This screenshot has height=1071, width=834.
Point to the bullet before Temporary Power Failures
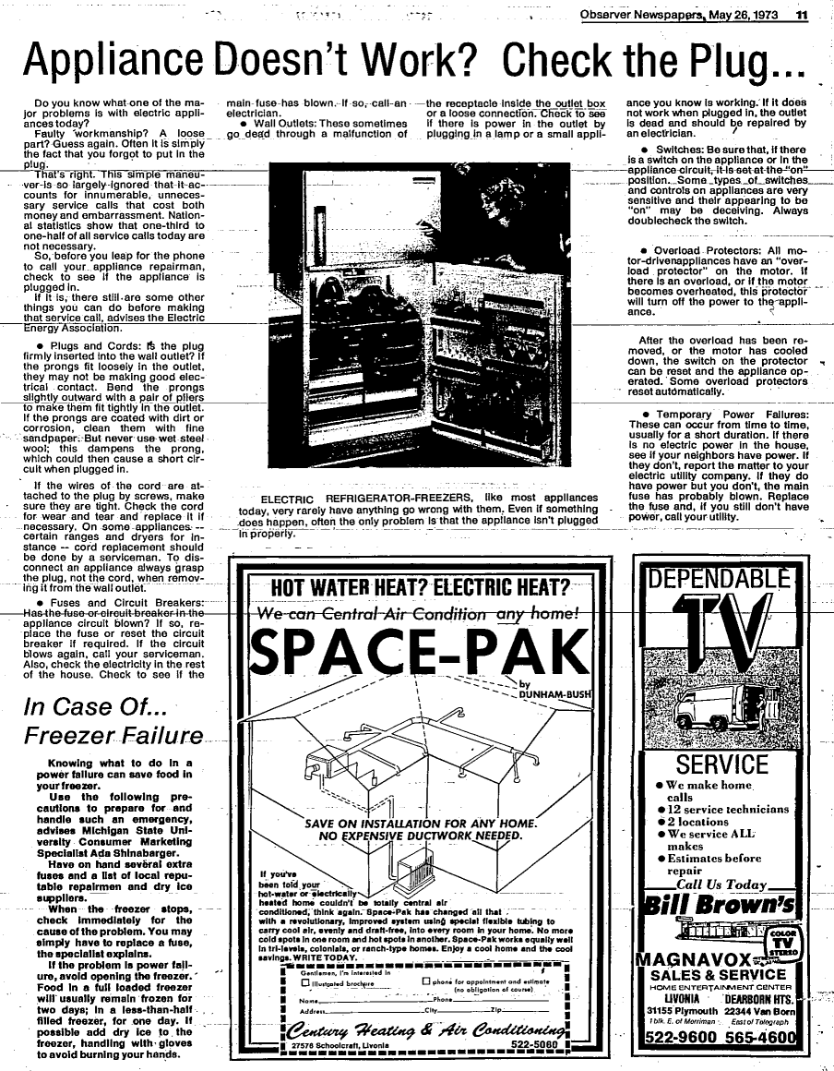click(649, 415)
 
